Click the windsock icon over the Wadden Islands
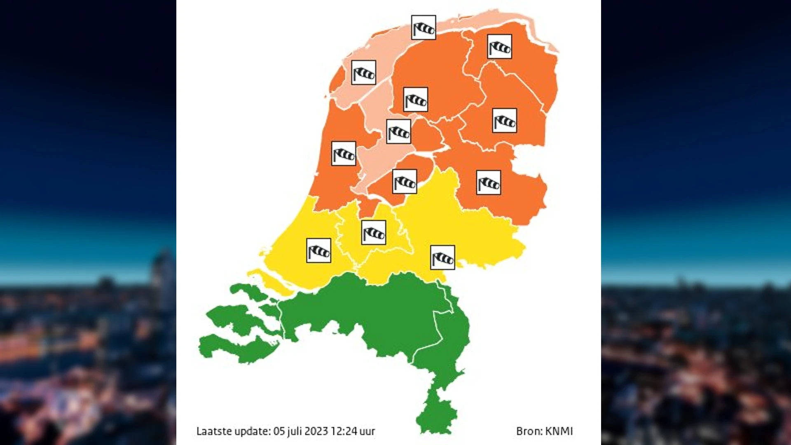424,28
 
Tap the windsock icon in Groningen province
499,47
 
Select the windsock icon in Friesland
415,99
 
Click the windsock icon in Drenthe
504,121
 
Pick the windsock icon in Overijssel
489,183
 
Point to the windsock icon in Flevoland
405,181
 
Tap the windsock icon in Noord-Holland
344,154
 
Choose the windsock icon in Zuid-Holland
318,251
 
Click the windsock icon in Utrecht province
374,233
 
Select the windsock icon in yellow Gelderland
442,258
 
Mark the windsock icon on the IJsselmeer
398,131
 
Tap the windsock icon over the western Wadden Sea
363,73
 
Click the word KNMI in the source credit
559,431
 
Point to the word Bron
528,431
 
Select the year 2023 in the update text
316,431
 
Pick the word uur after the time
367,431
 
